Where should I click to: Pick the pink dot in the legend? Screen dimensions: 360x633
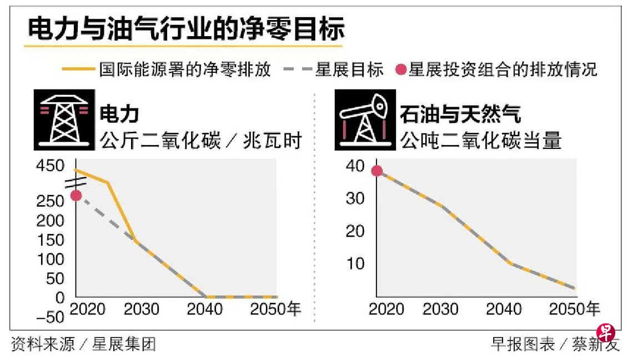(399, 70)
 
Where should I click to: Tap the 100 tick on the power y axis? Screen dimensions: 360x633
(53, 259)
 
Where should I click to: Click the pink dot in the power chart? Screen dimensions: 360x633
(76, 196)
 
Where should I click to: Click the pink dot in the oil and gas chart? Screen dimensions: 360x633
(377, 171)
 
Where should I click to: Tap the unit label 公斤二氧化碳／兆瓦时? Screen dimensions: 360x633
(201, 141)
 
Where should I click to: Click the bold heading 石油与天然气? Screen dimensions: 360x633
(460, 115)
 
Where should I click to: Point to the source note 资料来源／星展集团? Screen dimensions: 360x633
(83, 344)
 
